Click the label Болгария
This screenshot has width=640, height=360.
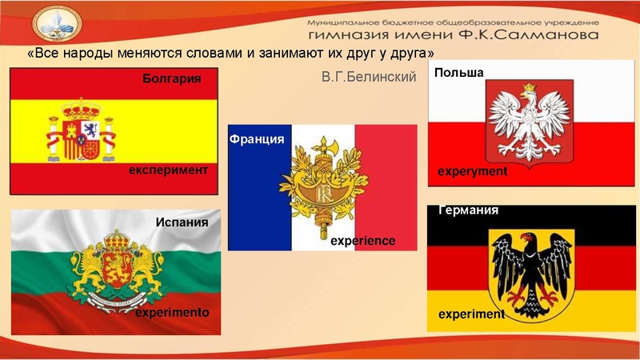[x=170, y=79]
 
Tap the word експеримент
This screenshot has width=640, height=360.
[x=169, y=170]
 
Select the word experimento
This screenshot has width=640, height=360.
[x=171, y=313]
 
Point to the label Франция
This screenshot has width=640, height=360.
[x=257, y=139]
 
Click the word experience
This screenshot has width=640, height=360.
[x=363, y=239]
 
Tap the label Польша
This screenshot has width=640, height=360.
[x=459, y=73]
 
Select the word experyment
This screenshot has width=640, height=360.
[x=473, y=171]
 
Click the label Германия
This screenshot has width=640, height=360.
[x=469, y=210]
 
